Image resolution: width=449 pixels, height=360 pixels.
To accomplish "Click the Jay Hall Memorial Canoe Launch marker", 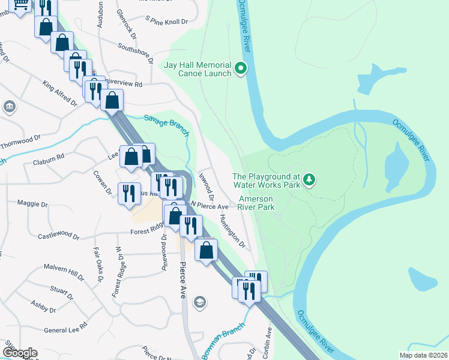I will [x=241, y=68].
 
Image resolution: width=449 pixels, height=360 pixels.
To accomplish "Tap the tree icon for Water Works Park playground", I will [x=309, y=179].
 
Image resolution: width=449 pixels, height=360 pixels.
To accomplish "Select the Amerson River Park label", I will [x=256, y=203].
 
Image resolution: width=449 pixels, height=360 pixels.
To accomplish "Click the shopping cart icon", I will [x=21, y=5].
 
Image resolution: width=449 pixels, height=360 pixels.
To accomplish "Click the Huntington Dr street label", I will [x=233, y=231].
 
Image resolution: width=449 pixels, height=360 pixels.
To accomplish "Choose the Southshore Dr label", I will [x=136, y=49].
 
